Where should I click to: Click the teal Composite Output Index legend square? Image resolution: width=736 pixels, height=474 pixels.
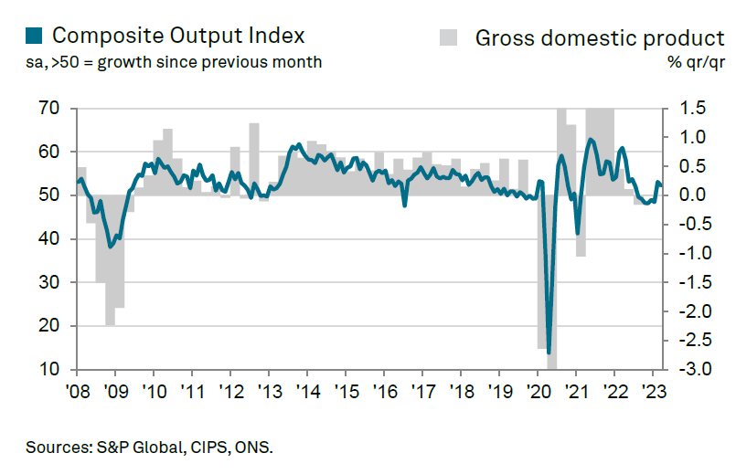(x=34, y=36)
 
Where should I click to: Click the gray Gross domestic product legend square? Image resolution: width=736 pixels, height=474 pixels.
(x=449, y=37)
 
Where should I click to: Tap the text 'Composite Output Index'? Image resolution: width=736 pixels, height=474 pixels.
(x=178, y=36)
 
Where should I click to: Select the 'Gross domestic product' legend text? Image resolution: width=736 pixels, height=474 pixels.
(x=600, y=37)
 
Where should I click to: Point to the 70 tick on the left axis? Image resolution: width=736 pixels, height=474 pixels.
(x=50, y=109)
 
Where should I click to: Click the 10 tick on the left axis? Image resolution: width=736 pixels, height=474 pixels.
(x=50, y=370)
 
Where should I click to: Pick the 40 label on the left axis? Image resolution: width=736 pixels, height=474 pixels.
(x=50, y=239)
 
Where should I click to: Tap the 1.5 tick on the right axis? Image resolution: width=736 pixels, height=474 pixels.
(x=693, y=109)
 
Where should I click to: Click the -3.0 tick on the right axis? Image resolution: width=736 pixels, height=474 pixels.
(x=691, y=370)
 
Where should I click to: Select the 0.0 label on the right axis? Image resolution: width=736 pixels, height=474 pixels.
(x=693, y=195)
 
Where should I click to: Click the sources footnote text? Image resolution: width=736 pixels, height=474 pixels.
(x=150, y=448)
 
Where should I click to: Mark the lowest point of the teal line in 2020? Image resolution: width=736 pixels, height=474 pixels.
(x=549, y=352)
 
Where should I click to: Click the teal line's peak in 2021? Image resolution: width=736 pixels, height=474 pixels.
(x=591, y=139)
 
